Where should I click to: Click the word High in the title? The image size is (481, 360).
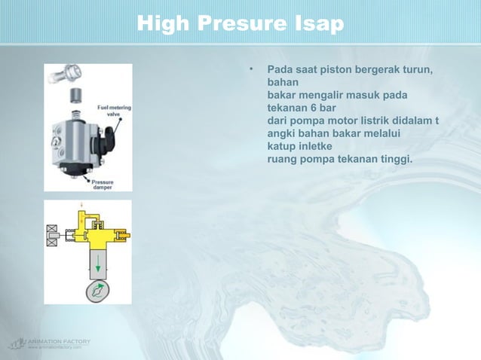161,25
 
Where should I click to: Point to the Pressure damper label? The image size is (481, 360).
103,185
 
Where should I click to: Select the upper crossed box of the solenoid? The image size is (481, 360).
52,229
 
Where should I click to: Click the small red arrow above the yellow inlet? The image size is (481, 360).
82,203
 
